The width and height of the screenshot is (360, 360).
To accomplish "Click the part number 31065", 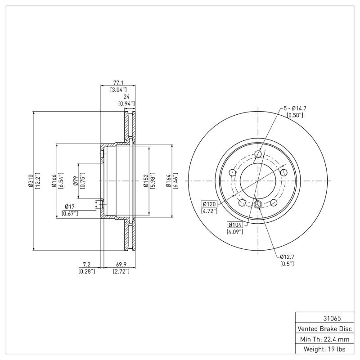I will pyautogui.click(x=324, y=318).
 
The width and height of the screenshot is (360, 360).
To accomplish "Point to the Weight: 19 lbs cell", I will pyautogui.click(x=324, y=349).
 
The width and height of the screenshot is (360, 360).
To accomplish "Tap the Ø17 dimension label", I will pyautogui.click(x=69, y=207).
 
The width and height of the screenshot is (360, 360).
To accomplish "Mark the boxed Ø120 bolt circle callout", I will pyautogui.click(x=209, y=204).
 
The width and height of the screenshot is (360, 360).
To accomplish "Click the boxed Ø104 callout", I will pyautogui.click(x=235, y=225).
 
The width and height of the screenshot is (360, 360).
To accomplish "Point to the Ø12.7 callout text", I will pyautogui.click(x=287, y=256).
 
